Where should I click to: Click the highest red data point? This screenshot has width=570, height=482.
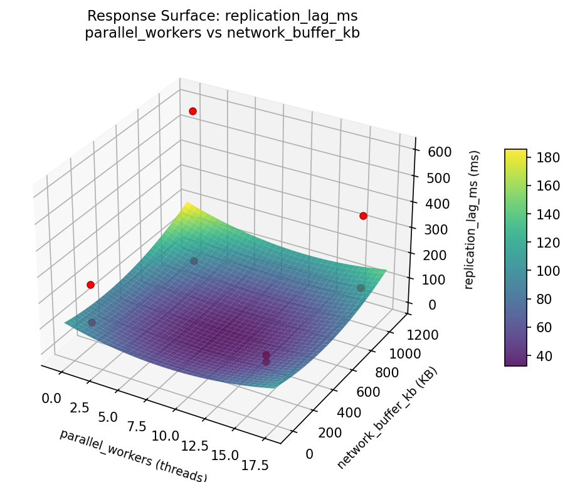click(193, 111)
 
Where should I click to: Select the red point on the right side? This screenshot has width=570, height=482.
click(363, 216)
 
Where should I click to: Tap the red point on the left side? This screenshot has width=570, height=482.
click(90, 285)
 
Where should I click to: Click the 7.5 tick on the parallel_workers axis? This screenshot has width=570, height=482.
click(135, 426)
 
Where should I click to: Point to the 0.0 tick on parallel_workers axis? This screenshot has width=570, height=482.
click(51, 398)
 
